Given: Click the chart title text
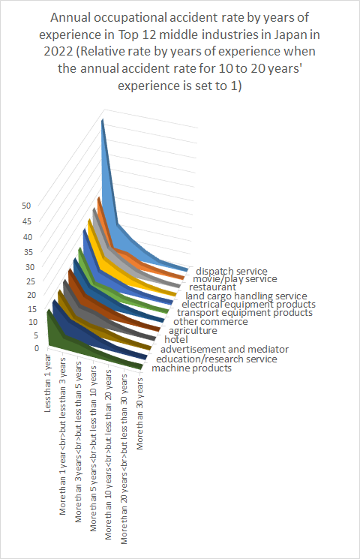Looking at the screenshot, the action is point(180,51).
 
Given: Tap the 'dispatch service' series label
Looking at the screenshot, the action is point(231,272).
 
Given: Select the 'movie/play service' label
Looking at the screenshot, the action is point(235,279).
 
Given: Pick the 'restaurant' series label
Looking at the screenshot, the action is point(212,287).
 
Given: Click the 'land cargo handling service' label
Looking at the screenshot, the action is point(246,296).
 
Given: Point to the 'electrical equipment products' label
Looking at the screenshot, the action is point(248,305).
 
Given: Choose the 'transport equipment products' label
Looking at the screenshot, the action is point(244,313).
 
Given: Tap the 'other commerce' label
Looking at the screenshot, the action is point(210,321).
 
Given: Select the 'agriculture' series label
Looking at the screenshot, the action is point(193,330).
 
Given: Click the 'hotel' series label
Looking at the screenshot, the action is point(176,339).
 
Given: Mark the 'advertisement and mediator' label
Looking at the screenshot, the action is point(224,349).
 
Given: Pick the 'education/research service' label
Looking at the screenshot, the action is point(216,359).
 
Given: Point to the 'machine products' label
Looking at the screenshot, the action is point(191,368).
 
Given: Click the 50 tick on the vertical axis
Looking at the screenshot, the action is point(26,206).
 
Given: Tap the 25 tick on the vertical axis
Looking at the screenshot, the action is point(31,281).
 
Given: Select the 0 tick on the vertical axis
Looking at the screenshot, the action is point(37,348).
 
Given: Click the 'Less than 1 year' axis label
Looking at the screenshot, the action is point(47,383).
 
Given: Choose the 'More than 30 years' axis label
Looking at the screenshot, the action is point(139,413).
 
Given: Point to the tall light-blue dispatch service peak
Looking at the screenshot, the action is point(103,122).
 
